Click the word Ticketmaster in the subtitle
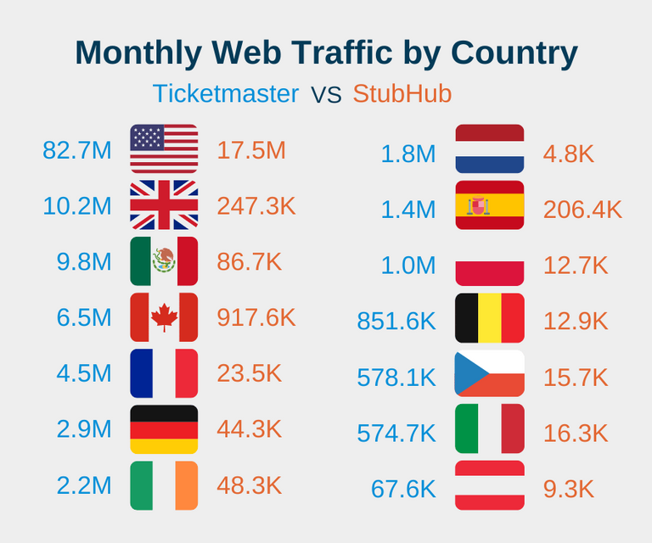(226, 93)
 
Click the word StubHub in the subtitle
(402, 93)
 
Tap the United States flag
(164, 149)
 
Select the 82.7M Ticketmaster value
(77, 150)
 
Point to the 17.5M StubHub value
(251, 150)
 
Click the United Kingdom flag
(164, 205)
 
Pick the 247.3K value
(256, 206)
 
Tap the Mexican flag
(164, 261)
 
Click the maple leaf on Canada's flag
(164, 317)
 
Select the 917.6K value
(256, 318)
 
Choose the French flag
(164, 373)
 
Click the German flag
(164, 429)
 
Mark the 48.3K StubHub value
(250, 486)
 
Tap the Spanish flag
(490, 205)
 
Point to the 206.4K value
(582, 210)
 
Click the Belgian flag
(490, 317)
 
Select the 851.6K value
(396, 322)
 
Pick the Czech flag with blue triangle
(490, 373)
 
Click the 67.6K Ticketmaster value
(403, 490)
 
